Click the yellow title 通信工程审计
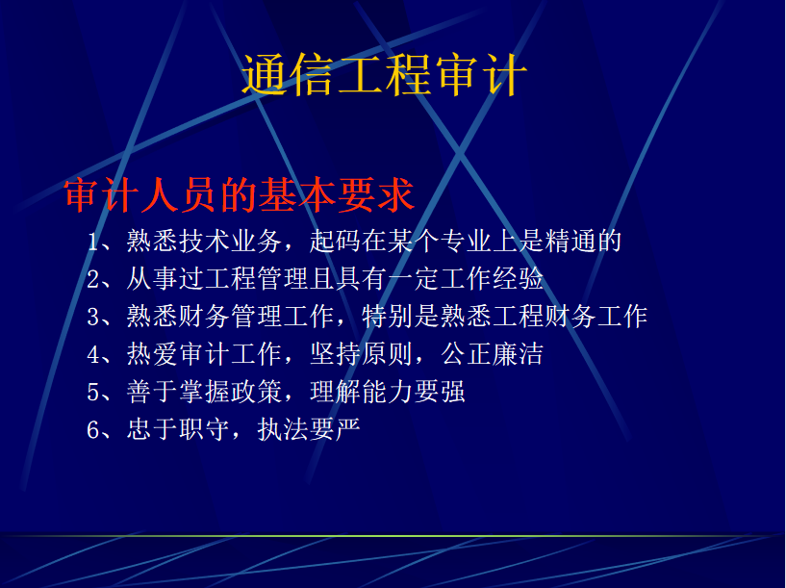(x=385, y=75)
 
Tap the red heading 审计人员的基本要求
(x=240, y=194)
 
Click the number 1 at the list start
(x=93, y=242)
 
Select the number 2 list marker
(x=93, y=279)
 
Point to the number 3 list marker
(x=93, y=317)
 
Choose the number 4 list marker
(x=93, y=354)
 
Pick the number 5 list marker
(x=93, y=392)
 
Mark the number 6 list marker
(x=93, y=429)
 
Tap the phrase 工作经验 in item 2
(x=492, y=279)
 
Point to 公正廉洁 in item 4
(x=492, y=354)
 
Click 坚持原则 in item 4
(x=361, y=354)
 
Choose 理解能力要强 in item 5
(x=388, y=392)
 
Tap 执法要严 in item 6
(x=309, y=429)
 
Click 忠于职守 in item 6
(x=178, y=429)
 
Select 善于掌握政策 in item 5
(x=204, y=392)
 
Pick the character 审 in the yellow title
(x=456, y=75)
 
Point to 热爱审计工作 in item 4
(x=204, y=354)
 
